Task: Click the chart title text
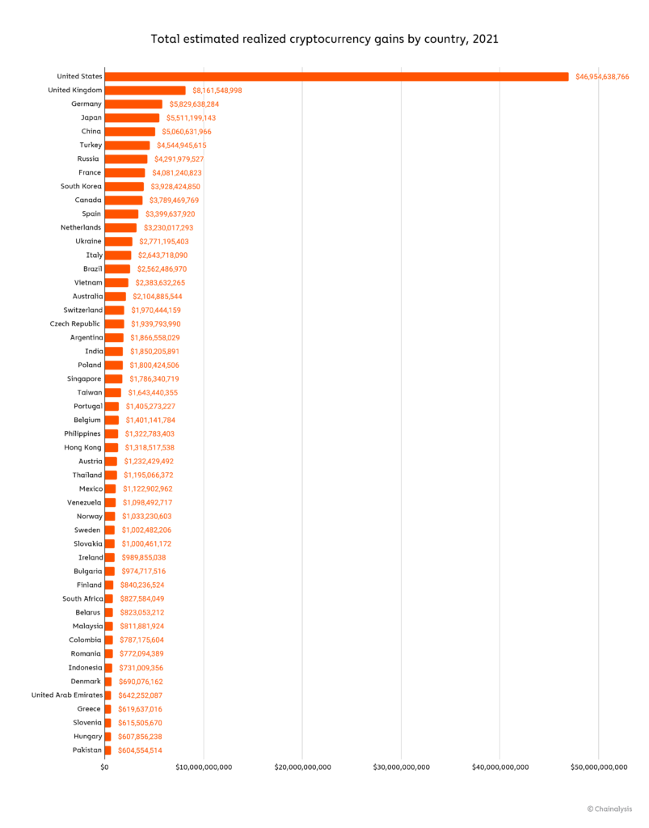(x=324, y=38)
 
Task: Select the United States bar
(x=336, y=77)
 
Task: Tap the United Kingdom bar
(x=145, y=91)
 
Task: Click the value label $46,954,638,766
(x=602, y=77)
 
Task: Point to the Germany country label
(x=86, y=104)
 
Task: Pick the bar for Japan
(x=132, y=118)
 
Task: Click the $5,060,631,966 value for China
(x=184, y=132)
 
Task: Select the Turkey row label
(x=90, y=146)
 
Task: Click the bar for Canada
(x=124, y=201)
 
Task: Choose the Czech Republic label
(x=75, y=324)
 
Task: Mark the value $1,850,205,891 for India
(x=154, y=352)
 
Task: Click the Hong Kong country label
(x=82, y=448)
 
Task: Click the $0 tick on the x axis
(x=105, y=767)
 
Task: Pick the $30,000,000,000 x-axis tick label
(x=401, y=767)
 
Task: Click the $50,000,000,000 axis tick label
(x=599, y=767)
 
